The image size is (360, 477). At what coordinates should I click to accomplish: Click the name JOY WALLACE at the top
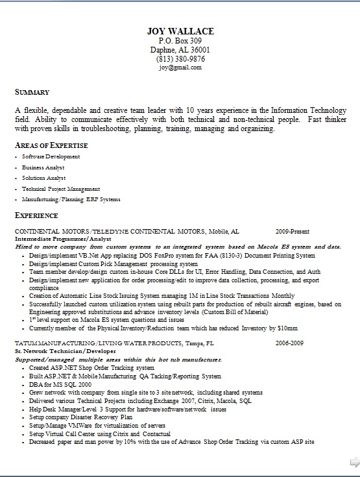pyautogui.click(x=180, y=31)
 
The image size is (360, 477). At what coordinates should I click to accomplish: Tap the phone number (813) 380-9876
pyautogui.click(x=180, y=59)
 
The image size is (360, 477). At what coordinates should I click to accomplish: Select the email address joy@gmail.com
pyautogui.click(x=180, y=67)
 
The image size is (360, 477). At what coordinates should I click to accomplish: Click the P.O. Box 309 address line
pyautogui.click(x=180, y=41)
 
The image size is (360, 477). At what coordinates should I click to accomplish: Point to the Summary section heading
pyautogui.click(x=32, y=92)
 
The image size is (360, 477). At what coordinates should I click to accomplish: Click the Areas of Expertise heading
pyautogui.click(x=51, y=145)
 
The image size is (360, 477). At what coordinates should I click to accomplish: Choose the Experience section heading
pyautogui.click(x=36, y=215)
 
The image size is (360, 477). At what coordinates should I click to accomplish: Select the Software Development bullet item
pyautogui.click(x=51, y=156)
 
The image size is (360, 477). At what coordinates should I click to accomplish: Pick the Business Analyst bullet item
pyautogui.click(x=43, y=167)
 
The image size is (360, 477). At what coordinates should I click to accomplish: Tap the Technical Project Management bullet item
pyautogui.click(x=61, y=188)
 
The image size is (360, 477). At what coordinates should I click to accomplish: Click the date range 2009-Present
pyautogui.click(x=292, y=231)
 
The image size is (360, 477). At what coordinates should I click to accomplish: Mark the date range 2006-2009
pyautogui.click(x=289, y=343)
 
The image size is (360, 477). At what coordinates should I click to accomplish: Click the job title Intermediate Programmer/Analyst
pyautogui.click(x=55, y=239)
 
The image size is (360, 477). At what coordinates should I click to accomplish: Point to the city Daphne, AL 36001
pyautogui.click(x=180, y=50)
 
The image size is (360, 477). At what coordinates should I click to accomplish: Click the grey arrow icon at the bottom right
pyautogui.click(x=354, y=463)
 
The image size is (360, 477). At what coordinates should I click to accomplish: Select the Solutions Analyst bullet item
pyautogui.click(x=43, y=178)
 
